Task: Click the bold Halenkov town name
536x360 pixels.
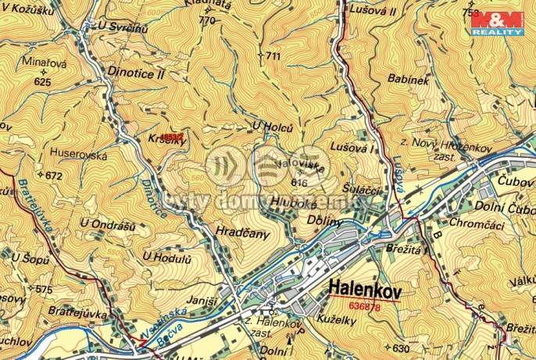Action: point(365,286)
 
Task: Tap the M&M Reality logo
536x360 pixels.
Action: point(497,23)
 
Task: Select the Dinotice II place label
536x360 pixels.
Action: point(134,75)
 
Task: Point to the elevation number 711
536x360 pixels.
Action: point(273,56)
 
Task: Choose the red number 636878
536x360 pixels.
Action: point(366,306)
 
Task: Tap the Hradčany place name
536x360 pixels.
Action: point(241,233)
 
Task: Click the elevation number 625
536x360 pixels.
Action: point(43,81)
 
